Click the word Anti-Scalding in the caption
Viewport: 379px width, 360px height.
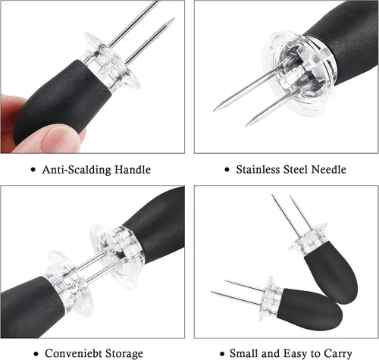coord(77,170)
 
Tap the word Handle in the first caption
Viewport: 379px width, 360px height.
coord(133,170)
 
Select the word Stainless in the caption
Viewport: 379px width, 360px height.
coord(258,169)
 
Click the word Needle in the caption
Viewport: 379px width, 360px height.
coord(328,169)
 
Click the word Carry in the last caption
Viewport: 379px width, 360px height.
coord(338,354)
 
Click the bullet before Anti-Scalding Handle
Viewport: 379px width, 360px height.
coord(33,170)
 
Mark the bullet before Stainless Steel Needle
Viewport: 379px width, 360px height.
coord(227,170)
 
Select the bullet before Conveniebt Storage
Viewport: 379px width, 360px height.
coord(36,354)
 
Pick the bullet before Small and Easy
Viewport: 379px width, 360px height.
coord(222,354)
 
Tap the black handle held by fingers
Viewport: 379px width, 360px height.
coord(62,101)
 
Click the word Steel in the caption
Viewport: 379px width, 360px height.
coord(296,169)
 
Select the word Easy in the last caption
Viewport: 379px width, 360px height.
coord(297,354)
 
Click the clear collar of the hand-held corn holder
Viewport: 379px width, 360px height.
coord(111,63)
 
